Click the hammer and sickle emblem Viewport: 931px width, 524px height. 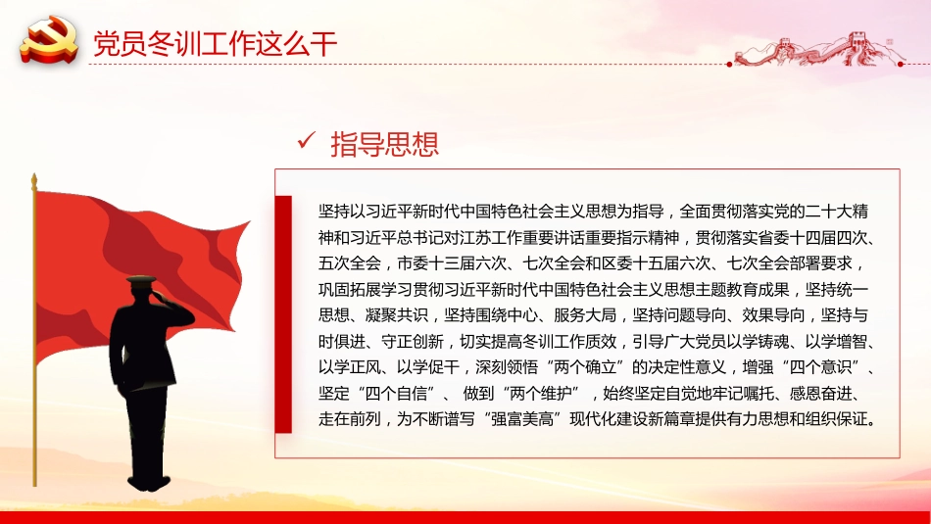click(49, 40)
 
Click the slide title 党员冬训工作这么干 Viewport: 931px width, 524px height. click(215, 44)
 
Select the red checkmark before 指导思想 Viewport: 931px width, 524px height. click(307, 141)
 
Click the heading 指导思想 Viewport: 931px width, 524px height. click(385, 144)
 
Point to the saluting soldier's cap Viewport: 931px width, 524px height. click(141, 281)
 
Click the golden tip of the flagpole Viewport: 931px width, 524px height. click(34, 180)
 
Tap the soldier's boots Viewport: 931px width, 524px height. click(148, 481)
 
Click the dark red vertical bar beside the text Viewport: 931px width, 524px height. click(283, 314)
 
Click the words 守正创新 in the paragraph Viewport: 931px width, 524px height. click(412, 341)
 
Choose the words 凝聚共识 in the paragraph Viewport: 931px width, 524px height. click(397, 315)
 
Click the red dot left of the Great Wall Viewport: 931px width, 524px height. click(729, 64)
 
